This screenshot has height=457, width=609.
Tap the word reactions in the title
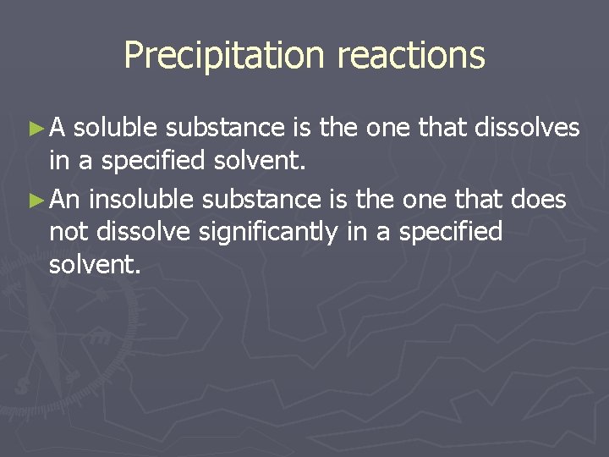point(411,56)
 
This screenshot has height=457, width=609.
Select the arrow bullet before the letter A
point(35,129)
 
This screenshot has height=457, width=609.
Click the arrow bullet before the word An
point(35,200)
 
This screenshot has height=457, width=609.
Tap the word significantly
point(270,232)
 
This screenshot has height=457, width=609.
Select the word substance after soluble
point(224,128)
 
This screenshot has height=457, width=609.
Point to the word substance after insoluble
point(260,199)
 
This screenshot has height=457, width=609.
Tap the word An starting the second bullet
point(65,199)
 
